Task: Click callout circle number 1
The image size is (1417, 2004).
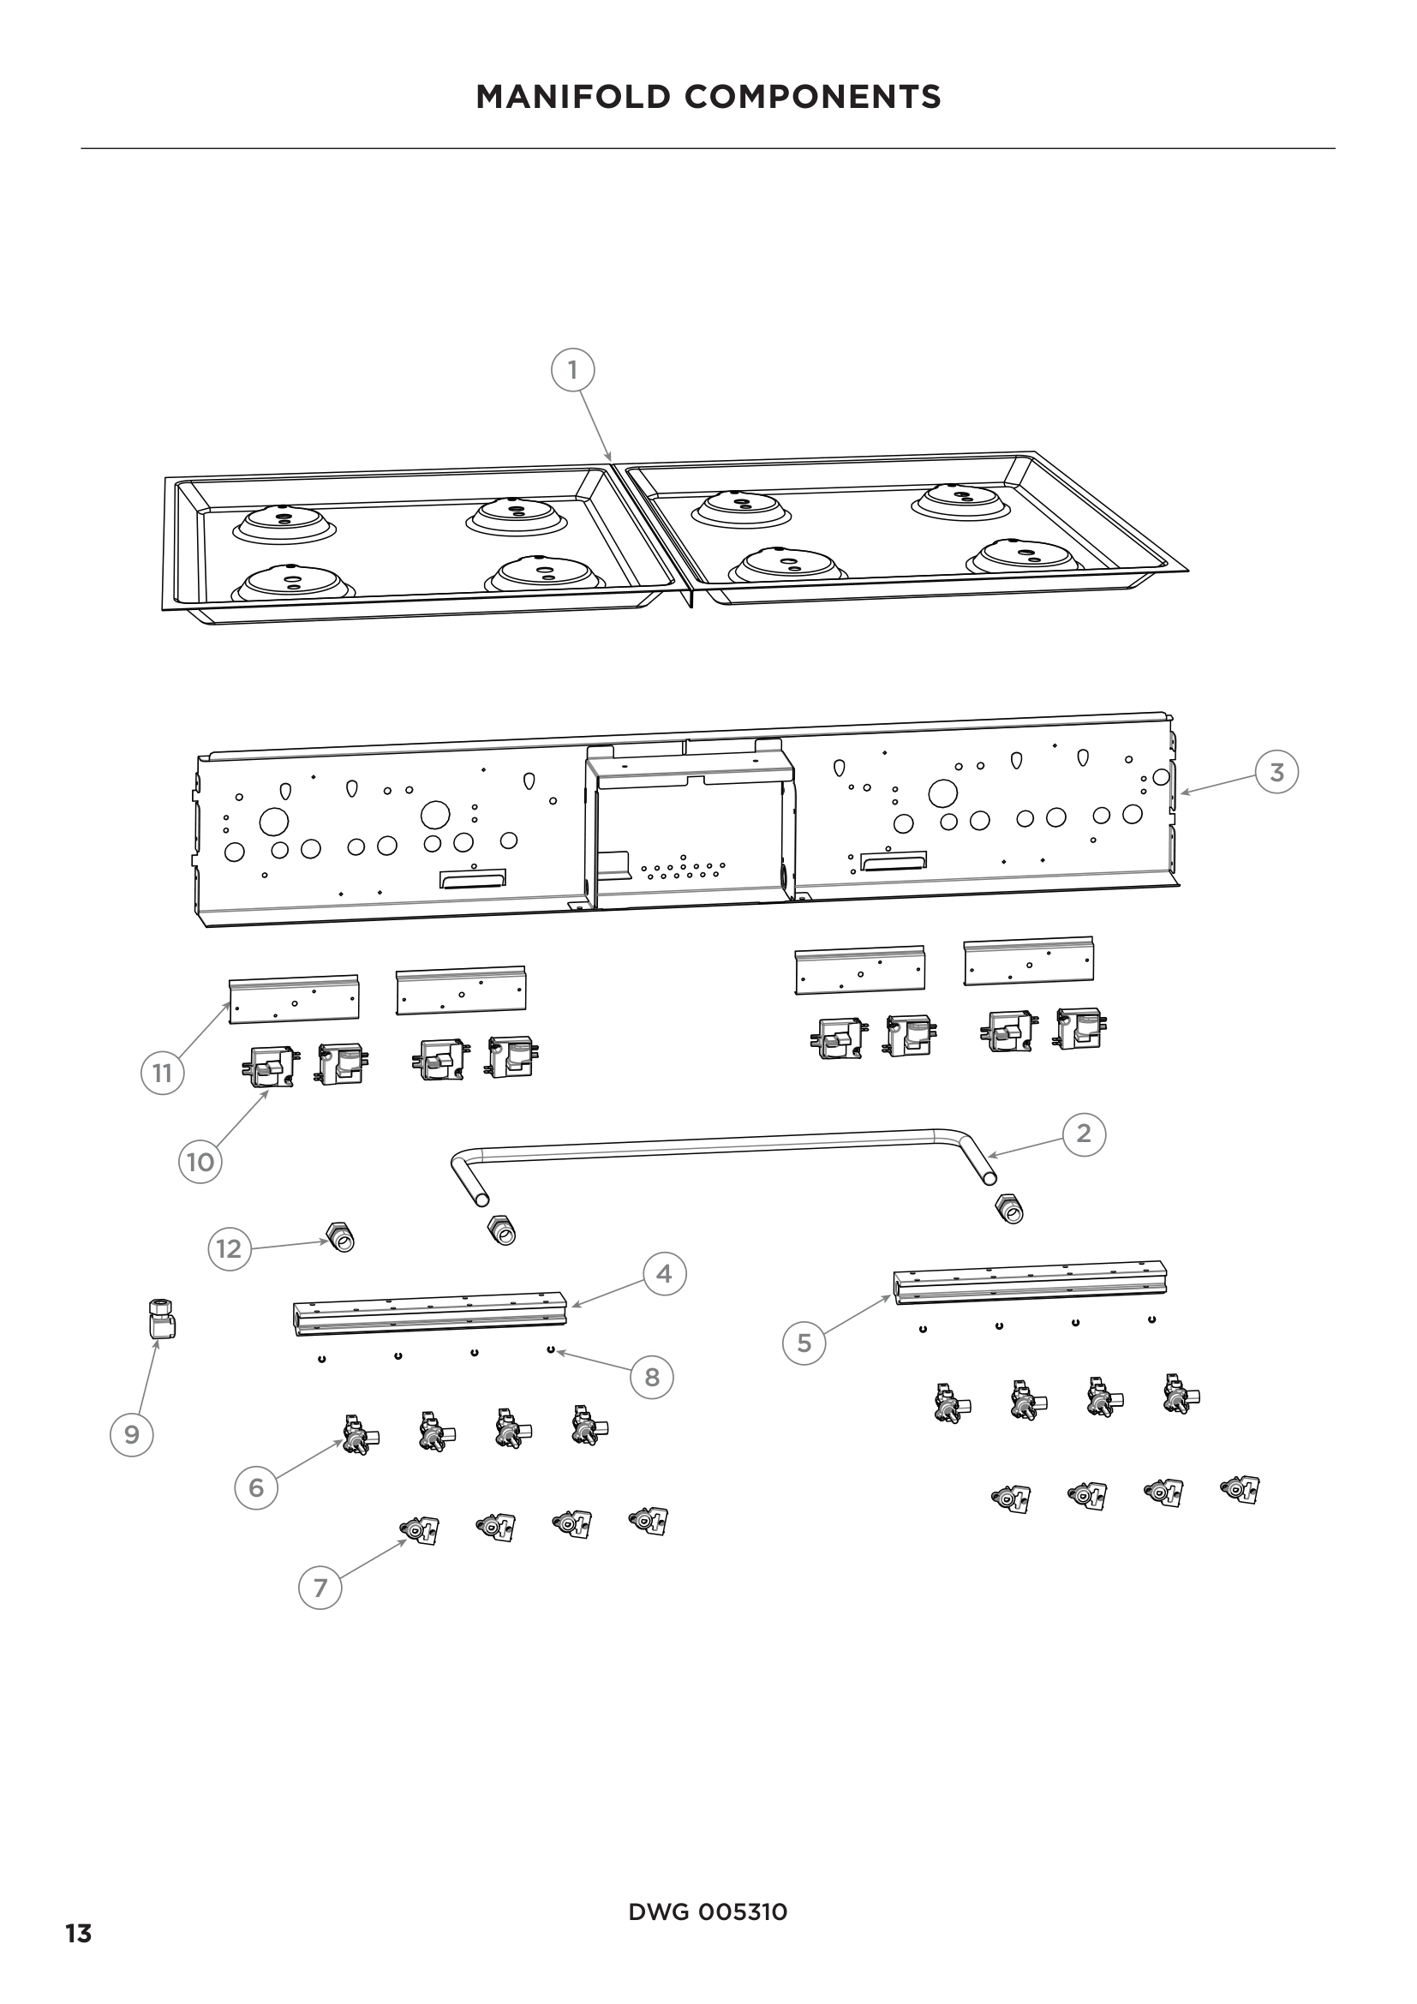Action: point(572,370)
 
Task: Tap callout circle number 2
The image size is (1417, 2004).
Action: point(1084,1134)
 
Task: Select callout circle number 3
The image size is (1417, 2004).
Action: point(1276,772)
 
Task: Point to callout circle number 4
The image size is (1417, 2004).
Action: point(664,1274)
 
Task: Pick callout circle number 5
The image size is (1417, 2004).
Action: point(804,1343)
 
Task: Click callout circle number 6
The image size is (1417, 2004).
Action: point(255,1487)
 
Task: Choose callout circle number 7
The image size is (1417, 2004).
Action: point(320,1588)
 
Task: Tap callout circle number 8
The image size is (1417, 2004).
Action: point(652,1378)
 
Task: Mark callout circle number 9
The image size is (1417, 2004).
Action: point(132,1435)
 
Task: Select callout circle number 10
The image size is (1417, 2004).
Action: point(200,1162)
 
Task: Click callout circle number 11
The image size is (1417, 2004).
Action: point(162,1072)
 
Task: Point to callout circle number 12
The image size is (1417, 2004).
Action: point(229,1249)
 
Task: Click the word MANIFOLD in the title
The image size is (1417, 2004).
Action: point(571,97)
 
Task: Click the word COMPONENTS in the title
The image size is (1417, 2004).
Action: point(813,97)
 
